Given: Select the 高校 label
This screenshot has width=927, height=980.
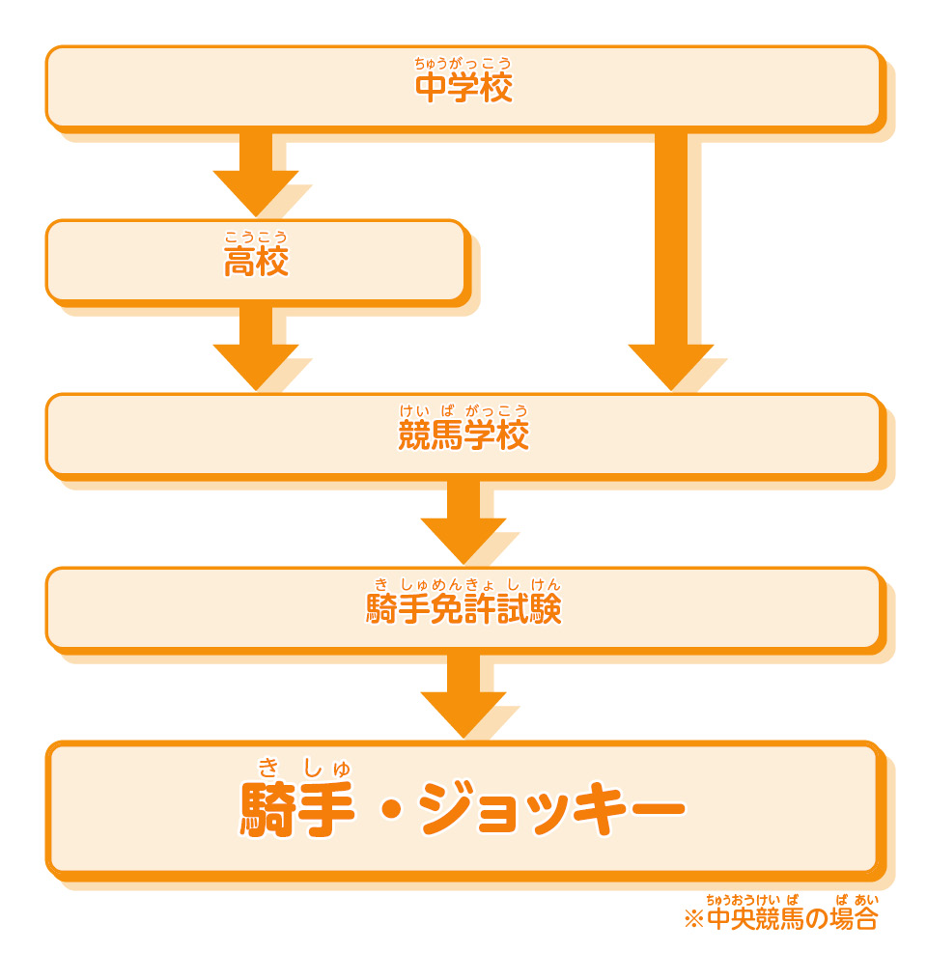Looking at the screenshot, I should [x=256, y=263].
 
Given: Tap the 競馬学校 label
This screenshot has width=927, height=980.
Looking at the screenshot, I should [x=463, y=436].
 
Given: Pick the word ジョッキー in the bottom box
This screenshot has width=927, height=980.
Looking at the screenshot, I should [x=551, y=809].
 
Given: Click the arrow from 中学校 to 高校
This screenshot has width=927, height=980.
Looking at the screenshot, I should [x=256, y=174].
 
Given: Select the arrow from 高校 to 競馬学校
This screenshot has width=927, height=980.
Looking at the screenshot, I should [x=256, y=348].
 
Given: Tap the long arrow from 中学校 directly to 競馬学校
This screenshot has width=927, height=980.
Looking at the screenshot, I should [x=671, y=261].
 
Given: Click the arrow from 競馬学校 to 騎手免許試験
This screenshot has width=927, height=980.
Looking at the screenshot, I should [x=463, y=521].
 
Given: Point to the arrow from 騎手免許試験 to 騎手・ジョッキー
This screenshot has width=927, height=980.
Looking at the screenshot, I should [x=463, y=695].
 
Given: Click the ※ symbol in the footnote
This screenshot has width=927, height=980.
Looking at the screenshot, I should [x=693, y=919].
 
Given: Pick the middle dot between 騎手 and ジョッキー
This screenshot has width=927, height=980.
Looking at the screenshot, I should [x=390, y=809].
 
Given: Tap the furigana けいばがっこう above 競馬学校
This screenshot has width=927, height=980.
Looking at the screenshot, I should [x=463, y=411].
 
